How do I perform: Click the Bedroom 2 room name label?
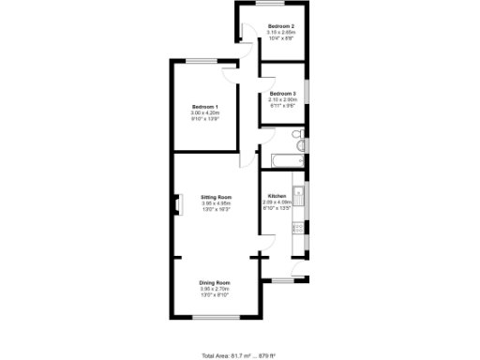[x=281, y=25]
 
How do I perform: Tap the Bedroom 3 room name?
[x=282, y=93]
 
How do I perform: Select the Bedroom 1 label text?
[x=205, y=107]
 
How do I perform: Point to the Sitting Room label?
[x=216, y=197]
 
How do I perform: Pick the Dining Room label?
[x=216, y=282]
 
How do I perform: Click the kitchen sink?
[x=298, y=187]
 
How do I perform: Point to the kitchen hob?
[x=298, y=226]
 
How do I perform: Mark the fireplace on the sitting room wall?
[x=174, y=203]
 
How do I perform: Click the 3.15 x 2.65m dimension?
[x=281, y=32]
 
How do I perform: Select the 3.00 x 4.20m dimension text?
[x=205, y=113]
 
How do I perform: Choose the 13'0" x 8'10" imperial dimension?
[x=216, y=295]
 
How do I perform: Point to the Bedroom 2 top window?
[x=280, y=4]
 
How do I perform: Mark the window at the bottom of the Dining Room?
[x=215, y=321]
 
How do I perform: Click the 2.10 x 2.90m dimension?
[x=282, y=99]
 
